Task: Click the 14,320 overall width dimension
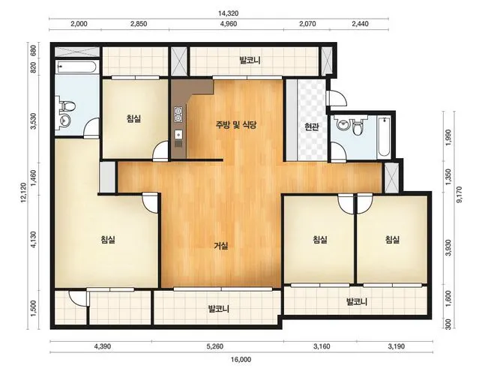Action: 228,13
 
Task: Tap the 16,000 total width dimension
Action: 241,360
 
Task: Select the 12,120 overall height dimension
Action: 24,193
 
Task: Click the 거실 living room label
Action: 220,245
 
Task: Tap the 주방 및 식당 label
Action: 236,124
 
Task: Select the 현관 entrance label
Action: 311,127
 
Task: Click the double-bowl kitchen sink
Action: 178,115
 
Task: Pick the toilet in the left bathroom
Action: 67,106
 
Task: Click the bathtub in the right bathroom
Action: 383,137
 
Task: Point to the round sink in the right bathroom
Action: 343,124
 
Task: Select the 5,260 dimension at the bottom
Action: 214,346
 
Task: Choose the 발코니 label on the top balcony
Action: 250,60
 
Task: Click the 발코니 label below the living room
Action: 218,309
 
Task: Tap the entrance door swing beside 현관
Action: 337,97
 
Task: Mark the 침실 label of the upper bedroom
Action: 133,118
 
